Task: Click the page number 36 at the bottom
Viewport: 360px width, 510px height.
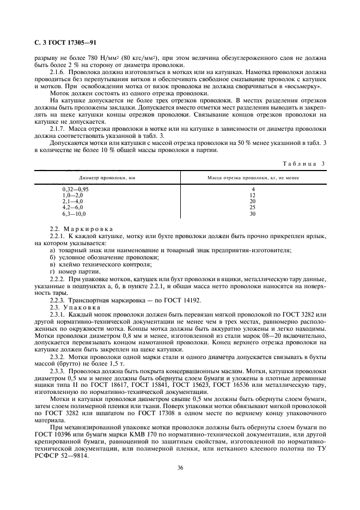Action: (x=180, y=466)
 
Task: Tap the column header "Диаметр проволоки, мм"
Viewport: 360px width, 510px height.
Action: (x=107, y=178)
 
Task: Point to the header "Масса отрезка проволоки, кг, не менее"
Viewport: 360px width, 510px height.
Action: (x=253, y=178)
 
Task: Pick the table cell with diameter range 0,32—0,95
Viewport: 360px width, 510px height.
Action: (x=76, y=189)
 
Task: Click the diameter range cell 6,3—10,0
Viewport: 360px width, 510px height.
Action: (x=75, y=214)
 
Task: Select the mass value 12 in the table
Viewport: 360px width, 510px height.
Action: (x=252, y=195)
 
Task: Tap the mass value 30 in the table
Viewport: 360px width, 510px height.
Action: (x=252, y=214)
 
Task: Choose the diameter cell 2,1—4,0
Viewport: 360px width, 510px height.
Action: (x=73, y=201)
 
